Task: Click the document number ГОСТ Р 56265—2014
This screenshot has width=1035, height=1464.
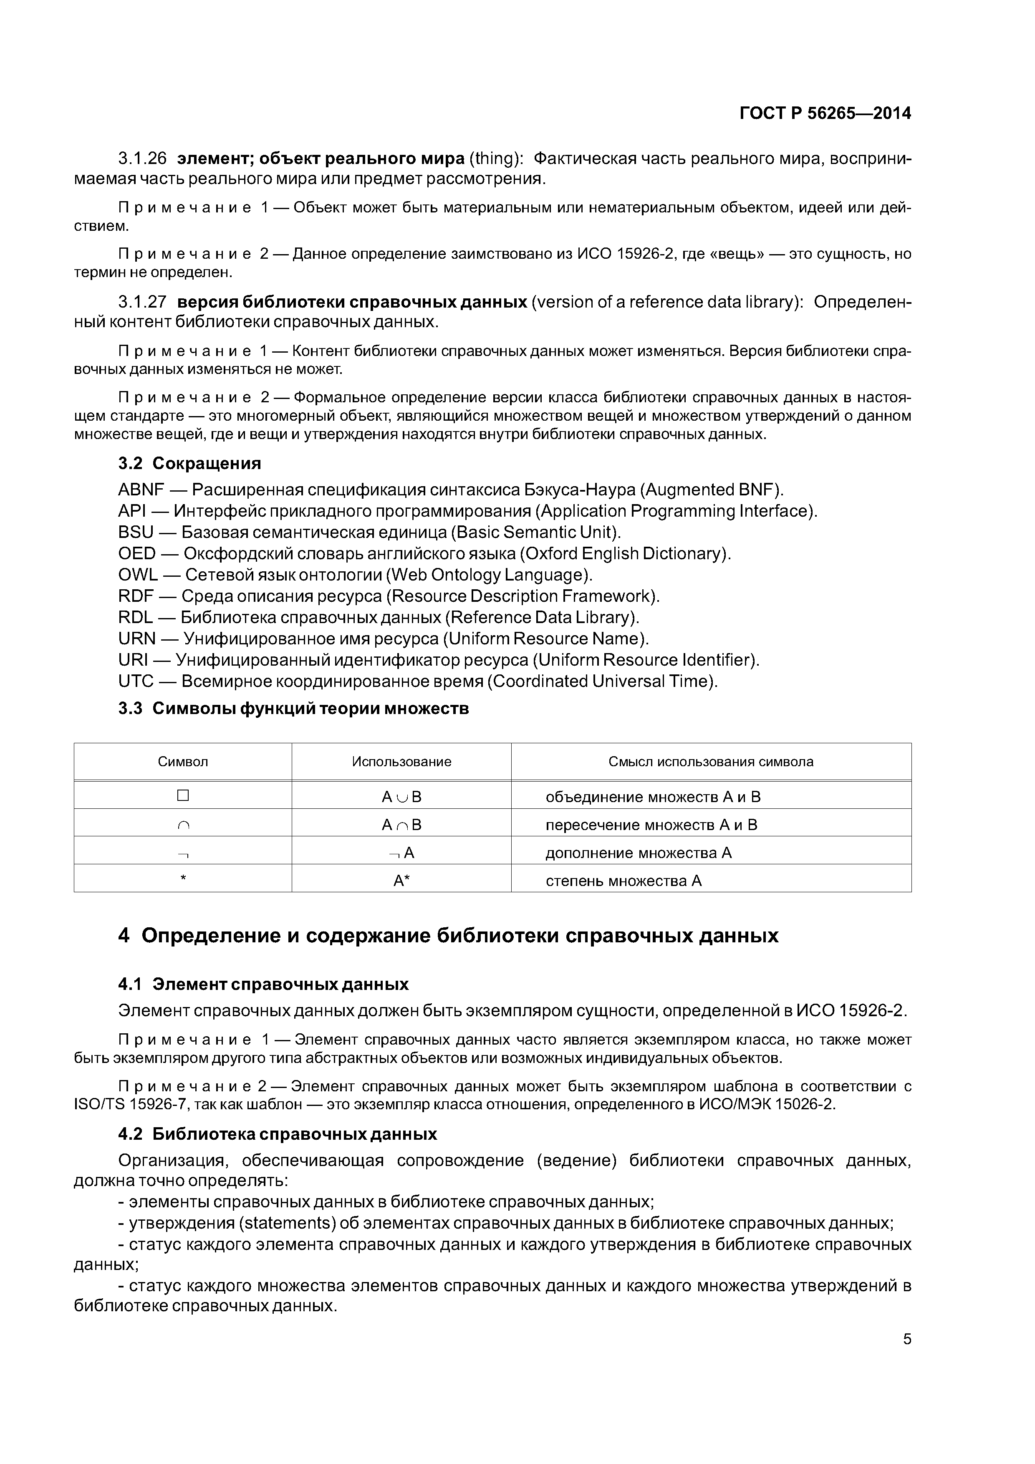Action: pos(825,114)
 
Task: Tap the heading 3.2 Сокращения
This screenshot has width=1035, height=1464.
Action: pos(189,463)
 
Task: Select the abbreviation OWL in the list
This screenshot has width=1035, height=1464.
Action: pos(138,575)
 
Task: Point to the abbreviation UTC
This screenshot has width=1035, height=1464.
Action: pos(136,681)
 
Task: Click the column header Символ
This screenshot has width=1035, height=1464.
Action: pos(183,761)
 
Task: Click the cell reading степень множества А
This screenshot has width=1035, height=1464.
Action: pos(623,881)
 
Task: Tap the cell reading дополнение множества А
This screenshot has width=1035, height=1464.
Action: pos(639,853)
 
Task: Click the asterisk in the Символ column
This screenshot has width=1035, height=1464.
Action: pos(183,878)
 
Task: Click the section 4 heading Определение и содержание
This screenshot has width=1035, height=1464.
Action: pos(448,935)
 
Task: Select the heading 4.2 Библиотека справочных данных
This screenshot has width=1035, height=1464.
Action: pos(278,1134)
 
